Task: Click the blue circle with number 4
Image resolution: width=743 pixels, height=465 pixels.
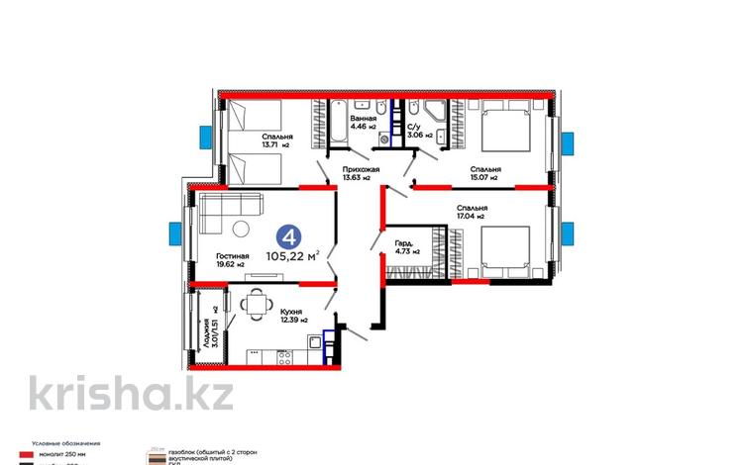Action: (288, 236)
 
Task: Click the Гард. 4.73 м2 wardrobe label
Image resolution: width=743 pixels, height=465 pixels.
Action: (404, 247)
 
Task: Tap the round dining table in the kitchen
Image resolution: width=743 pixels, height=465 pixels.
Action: (257, 302)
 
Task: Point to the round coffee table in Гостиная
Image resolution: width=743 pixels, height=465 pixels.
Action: (241, 232)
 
